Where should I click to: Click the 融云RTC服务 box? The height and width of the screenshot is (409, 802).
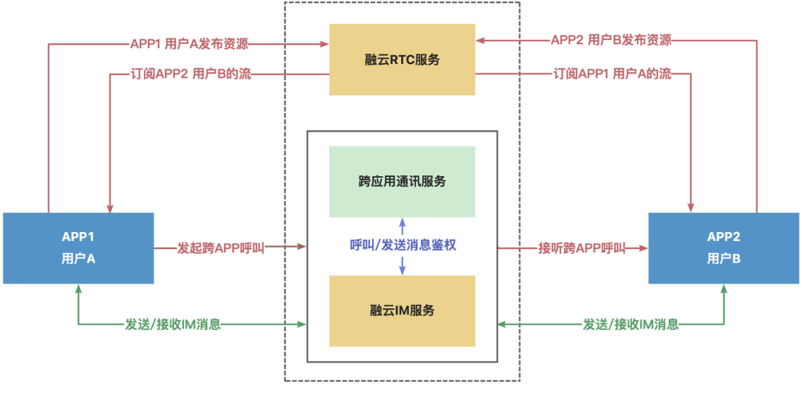(x=402, y=59)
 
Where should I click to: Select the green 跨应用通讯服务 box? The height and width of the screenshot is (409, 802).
(x=402, y=181)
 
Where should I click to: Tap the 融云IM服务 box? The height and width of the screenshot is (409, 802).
(x=402, y=310)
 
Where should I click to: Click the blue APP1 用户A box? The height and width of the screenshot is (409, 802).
(x=78, y=248)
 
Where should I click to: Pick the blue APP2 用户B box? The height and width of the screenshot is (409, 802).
(x=724, y=248)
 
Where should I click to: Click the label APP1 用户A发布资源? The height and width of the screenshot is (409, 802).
(x=189, y=43)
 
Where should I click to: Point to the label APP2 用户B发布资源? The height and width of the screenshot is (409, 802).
(x=611, y=40)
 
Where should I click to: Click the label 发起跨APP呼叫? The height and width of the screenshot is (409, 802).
(x=221, y=247)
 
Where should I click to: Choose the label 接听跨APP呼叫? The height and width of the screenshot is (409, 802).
(x=581, y=247)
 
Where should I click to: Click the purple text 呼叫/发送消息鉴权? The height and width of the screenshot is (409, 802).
(x=402, y=246)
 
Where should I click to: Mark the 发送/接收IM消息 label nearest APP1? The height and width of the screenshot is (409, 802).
(x=173, y=325)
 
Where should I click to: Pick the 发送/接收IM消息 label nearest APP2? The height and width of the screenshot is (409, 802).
(x=630, y=325)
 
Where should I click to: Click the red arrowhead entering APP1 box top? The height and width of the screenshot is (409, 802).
(x=110, y=207)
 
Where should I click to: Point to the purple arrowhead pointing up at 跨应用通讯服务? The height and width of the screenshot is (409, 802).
(x=402, y=222)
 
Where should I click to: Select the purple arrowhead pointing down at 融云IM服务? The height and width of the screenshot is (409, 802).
(x=402, y=271)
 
